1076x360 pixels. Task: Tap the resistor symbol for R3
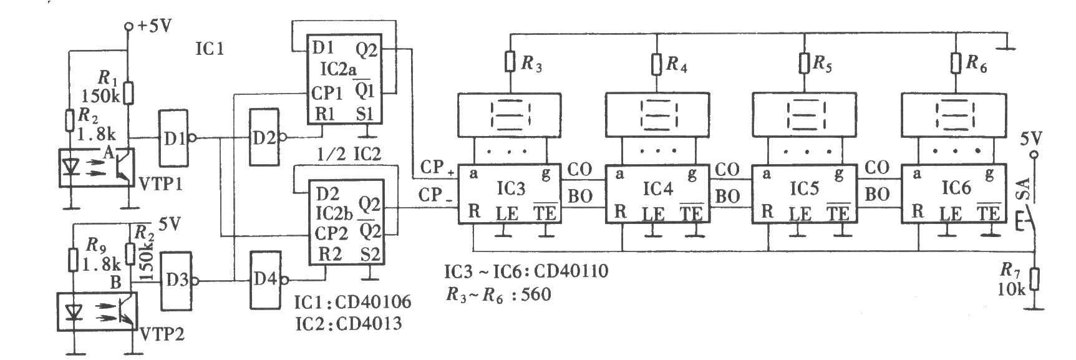click(x=510, y=62)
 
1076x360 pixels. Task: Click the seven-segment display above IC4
click(x=657, y=115)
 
